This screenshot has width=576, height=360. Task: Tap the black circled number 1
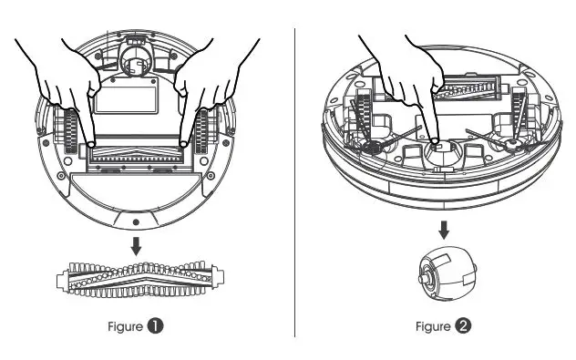(157, 324)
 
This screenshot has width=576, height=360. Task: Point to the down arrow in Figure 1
(137, 244)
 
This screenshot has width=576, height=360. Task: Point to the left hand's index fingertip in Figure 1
(91, 144)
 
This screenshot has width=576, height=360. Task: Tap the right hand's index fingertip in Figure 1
(184, 144)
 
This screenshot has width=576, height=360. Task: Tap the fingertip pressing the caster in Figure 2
(433, 141)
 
